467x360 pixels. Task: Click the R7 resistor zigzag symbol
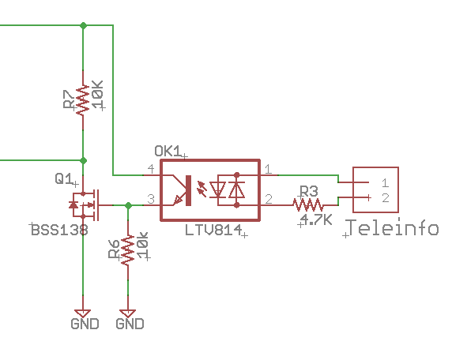[x=83, y=100]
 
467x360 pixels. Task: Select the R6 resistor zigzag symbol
[x=128, y=250]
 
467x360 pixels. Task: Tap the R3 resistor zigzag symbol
[x=308, y=205]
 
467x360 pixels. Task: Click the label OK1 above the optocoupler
[x=168, y=152]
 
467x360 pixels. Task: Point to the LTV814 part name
[x=213, y=230]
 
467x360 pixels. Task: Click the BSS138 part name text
[x=59, y=230]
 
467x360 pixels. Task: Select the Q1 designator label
[x=64, y=178]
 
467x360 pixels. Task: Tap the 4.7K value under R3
[x=316, y=219]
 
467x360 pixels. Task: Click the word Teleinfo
[x=393, y=227]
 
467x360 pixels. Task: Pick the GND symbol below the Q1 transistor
[x=83, y=313]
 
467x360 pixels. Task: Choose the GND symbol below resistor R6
[x=128, y=313]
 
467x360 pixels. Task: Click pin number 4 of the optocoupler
[x=151, y=169]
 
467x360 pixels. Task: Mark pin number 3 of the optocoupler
[x=151, y=199]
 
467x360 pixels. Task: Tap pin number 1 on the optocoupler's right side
[x=268, y=169]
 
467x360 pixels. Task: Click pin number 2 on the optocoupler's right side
[x=269, y=199]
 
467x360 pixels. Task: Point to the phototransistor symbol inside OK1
[x=182, y=190]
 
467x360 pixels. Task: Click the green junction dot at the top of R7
[x=84, y=25]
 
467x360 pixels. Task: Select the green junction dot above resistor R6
[x=128, y=205]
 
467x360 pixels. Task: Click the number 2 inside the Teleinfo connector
[x=386, y=198]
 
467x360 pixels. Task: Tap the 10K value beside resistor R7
[x=98, y=94]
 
